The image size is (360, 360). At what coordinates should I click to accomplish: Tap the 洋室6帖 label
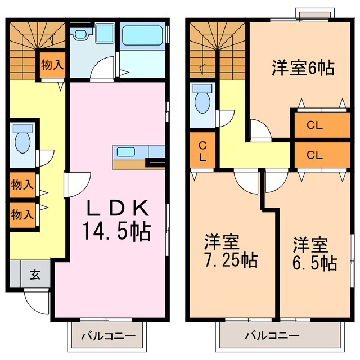tap(303, 69)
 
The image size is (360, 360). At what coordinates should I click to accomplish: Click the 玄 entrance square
tap(35, 275)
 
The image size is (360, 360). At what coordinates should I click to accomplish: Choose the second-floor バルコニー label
tap(272, 336)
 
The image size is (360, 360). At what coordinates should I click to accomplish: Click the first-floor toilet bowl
tap(23, 141)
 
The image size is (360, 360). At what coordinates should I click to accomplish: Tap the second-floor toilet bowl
tap(202, 101)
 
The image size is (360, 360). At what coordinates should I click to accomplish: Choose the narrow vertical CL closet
tap(202, 150)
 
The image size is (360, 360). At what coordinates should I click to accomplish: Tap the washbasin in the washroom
tap(104, 33)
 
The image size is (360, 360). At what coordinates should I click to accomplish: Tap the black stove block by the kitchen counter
tap(155, 163)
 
